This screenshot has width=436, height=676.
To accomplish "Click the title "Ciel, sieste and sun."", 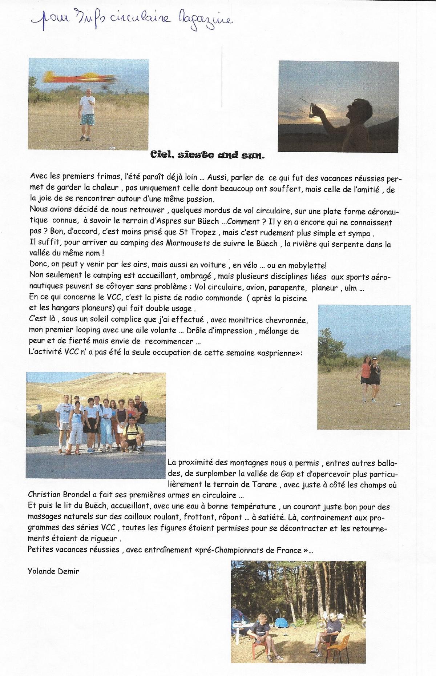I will coord(208,155).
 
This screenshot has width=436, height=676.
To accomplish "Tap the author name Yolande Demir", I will coord(53,571).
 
